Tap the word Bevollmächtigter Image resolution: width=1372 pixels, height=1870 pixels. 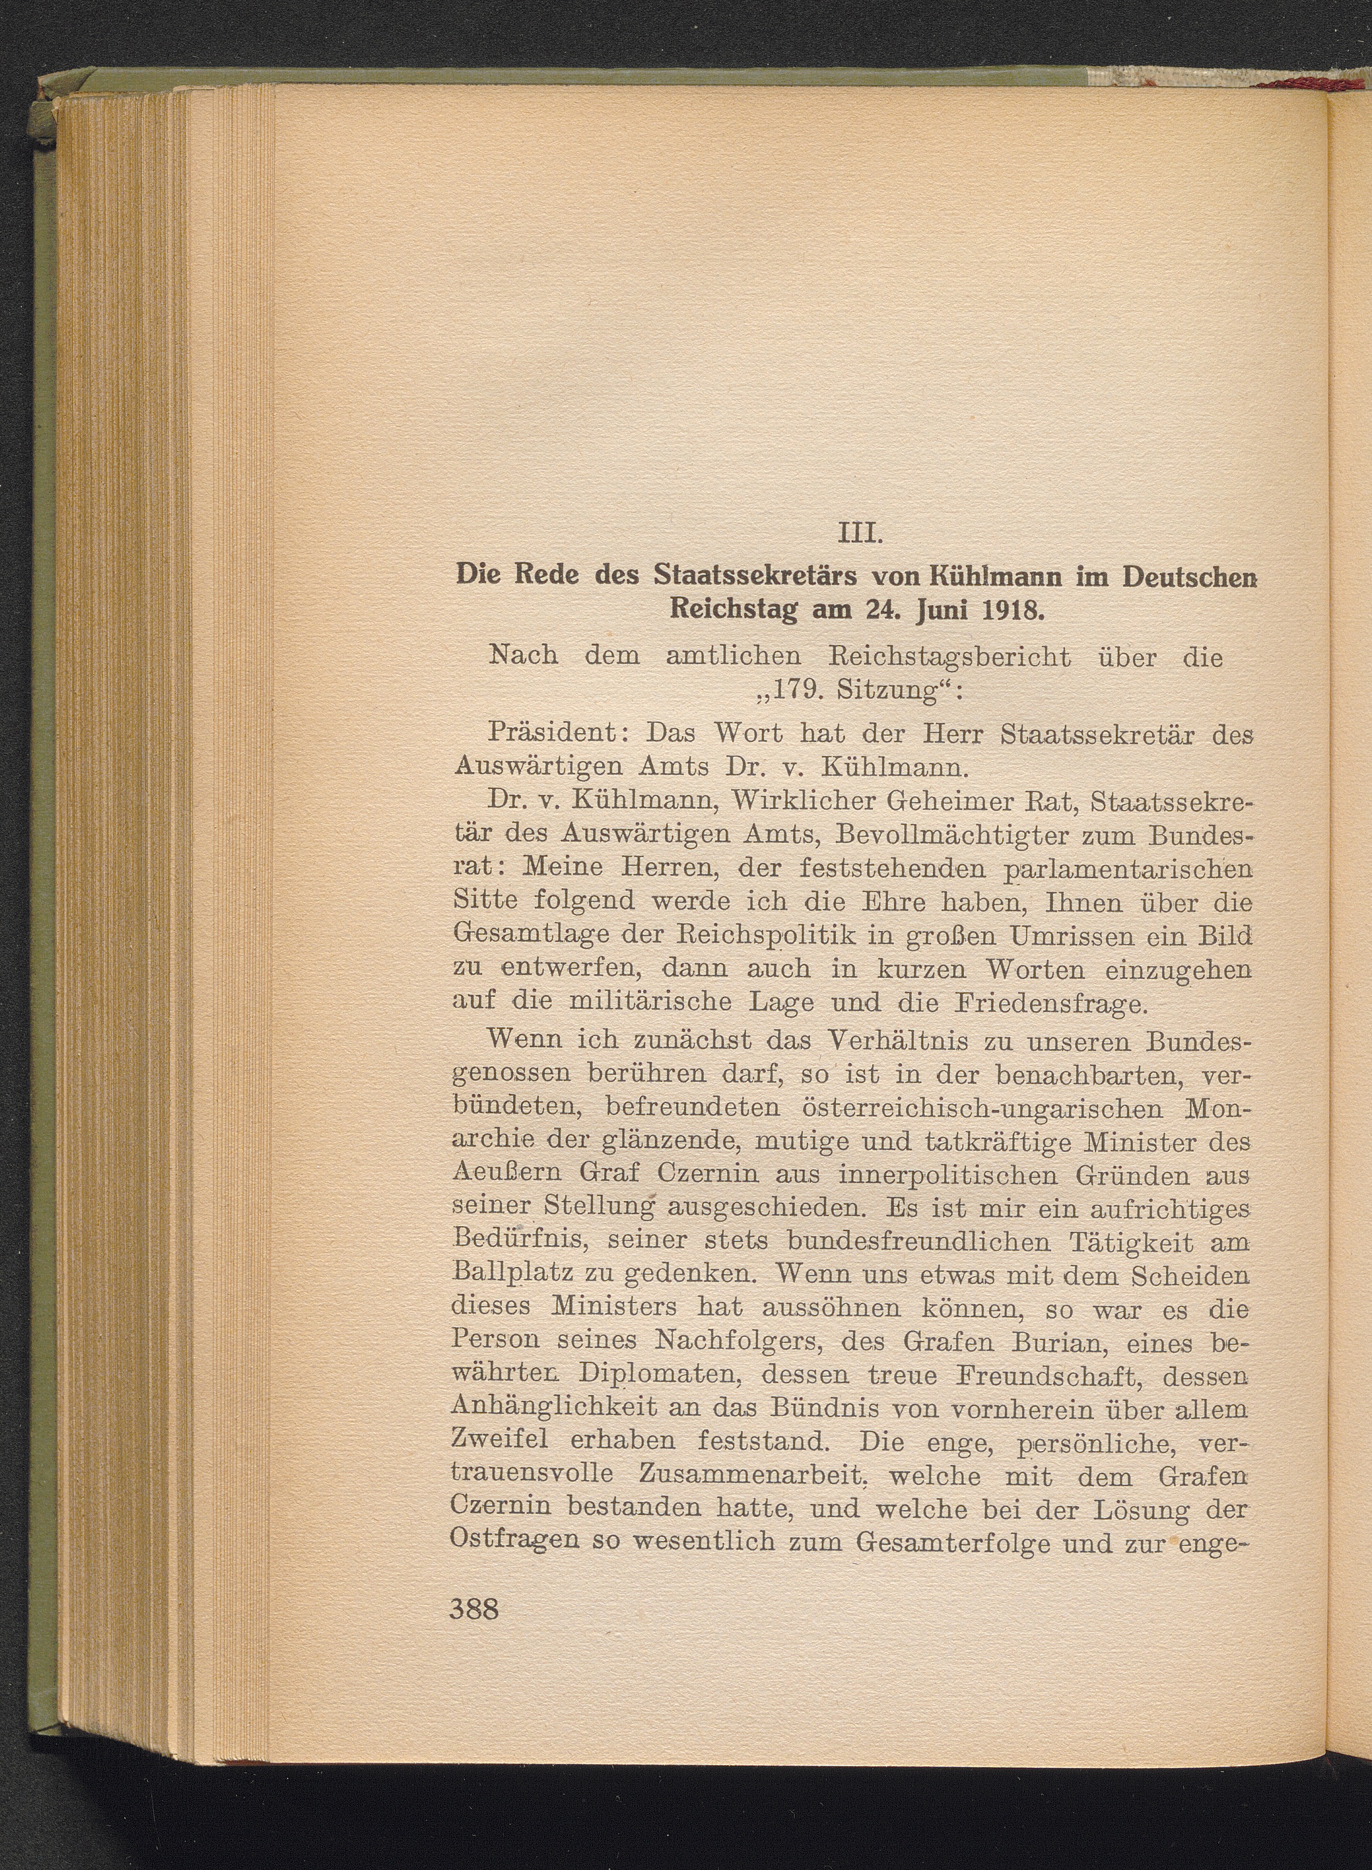(963, 834)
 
